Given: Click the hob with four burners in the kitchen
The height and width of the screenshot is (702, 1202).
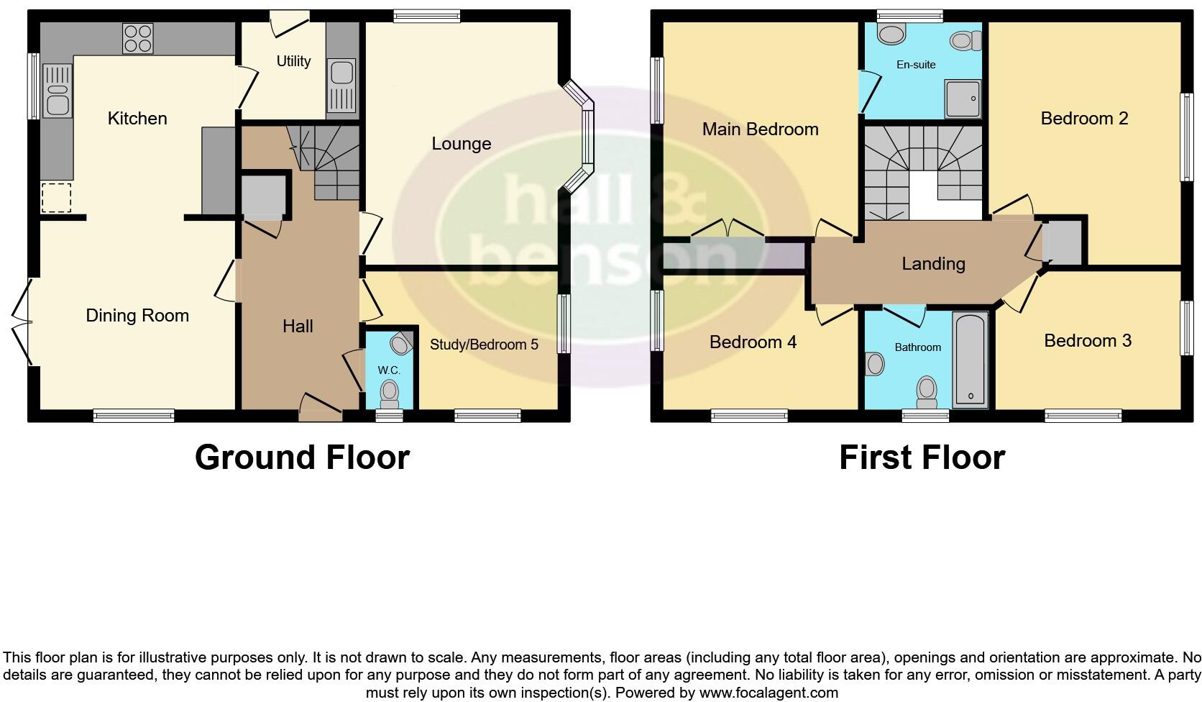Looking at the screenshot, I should click(137, 38).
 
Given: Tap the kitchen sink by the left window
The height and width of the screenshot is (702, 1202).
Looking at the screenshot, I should click(58, 91).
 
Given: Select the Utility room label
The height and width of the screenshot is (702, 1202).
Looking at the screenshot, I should click(293, 61).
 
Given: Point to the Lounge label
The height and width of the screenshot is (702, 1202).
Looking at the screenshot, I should click(461, 144).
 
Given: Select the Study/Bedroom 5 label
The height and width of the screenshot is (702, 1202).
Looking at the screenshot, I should click(483, 345).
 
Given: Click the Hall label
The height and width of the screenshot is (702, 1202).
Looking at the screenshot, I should click(298, 327).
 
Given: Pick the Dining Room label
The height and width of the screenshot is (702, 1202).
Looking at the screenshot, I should click(137, 315).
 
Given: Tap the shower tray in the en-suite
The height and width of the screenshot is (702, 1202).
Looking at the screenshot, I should click(963, 98).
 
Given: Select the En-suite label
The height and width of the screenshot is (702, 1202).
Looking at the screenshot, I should click(916, 65).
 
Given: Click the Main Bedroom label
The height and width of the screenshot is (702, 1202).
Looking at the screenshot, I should click(760, 129).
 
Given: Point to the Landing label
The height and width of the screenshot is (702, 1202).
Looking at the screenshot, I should click(933, 264).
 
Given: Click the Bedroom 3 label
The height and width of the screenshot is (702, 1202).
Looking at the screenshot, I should click(1087, 340).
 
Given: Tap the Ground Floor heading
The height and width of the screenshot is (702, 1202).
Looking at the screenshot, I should click(302, 457).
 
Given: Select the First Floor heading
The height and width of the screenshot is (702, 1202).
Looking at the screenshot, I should click(922, 457).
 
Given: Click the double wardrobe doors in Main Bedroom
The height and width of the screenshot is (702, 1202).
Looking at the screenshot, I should click(728, 230).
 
